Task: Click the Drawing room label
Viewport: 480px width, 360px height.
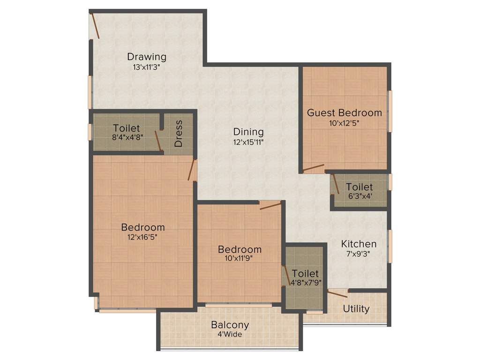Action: [147, 57]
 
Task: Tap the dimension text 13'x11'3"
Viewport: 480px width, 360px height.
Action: [147, 67]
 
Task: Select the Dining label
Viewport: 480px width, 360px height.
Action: [248, 132]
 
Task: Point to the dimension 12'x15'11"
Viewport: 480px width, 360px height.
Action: [248, 142]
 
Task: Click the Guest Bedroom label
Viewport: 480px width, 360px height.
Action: [344, 112]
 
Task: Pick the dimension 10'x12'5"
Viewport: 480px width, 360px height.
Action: [344, 123]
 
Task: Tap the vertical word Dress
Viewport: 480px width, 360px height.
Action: [179, 137]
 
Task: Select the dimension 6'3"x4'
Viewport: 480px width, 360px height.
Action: [360, 197]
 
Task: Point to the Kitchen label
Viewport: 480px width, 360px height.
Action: [359, 244]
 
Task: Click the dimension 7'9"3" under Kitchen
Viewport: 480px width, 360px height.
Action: [359, 255]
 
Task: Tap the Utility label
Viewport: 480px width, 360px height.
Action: [356, 309]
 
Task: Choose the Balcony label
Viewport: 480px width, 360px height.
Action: [230, 325]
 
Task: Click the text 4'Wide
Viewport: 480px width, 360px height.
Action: [230, 335]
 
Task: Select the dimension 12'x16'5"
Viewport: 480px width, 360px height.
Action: [143, 237]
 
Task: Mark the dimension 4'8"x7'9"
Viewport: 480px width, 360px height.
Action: [305, 283]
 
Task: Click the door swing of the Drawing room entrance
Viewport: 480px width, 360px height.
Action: [95, 26]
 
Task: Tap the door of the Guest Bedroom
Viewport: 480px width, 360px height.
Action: [313, 168]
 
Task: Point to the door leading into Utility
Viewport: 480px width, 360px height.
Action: [337, 294]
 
